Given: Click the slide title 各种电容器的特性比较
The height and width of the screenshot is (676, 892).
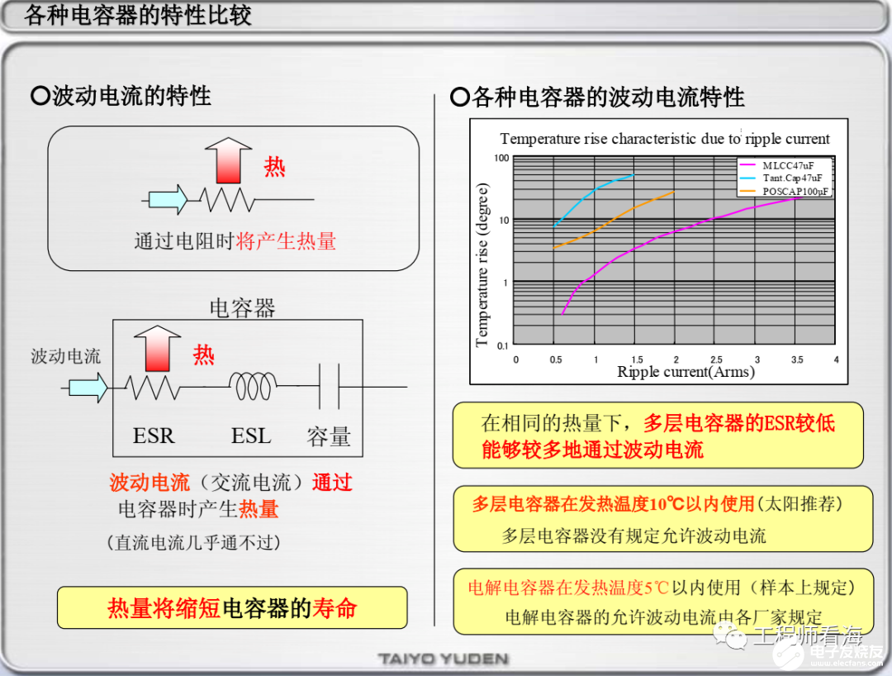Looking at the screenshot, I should pyautogui.click(x=138, y=15).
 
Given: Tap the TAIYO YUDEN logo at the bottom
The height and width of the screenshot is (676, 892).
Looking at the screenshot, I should pyautogui.click(x=444, y=659).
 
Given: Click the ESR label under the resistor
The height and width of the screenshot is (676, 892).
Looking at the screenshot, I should pyautogui.click(x=154, y=436).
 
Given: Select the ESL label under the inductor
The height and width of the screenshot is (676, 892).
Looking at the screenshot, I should pyautogui.click(x=251, y=436).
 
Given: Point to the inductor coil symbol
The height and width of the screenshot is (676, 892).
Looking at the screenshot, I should pyautogui.click(x=253, y=385).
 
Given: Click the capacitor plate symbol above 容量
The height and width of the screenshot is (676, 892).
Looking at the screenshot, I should pyautogui.click(x=330, y=386).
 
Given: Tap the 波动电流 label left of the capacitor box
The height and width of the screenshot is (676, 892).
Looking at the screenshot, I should pyautogui.click(x=66, y=356).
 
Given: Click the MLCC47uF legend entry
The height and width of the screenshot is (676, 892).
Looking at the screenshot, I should pyautogui.click(x=787, y=165).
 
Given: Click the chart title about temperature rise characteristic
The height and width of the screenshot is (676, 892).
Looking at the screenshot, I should pyautogui.click(x=664, y=139).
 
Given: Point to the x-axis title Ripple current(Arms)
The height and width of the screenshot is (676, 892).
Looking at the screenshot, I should pyautogui.click(x=686, y=372).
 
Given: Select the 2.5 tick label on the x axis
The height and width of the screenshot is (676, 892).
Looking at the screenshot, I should pyautogui.click(x=715, y=359).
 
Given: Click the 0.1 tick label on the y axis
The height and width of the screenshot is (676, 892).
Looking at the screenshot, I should pyautogui.click(x=502, y=345).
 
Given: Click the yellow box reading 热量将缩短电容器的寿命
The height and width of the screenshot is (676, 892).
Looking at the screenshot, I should pyautogui.click(x=232, y=608).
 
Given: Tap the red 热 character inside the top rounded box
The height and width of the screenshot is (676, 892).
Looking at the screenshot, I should pyautogui.click(x=274, y=167).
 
